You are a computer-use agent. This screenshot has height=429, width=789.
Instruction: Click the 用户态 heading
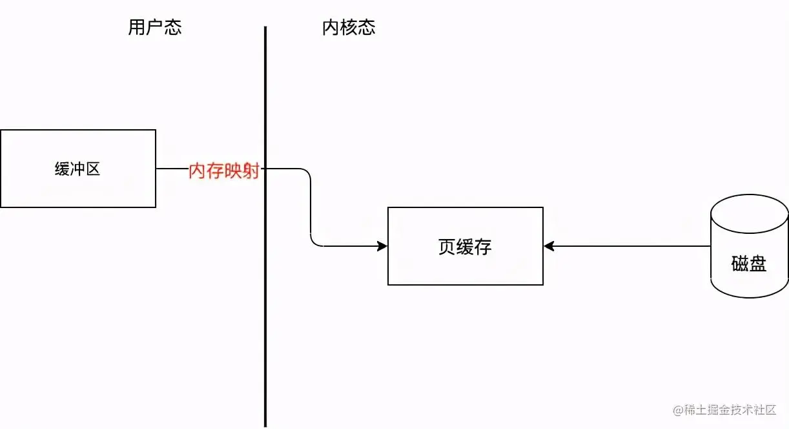coord(155,28)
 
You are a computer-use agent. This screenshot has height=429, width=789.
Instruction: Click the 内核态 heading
coord(349,28)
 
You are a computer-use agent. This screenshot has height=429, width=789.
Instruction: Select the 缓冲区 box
coord(78,169)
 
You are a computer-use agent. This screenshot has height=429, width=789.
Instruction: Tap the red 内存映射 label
coord(223,171)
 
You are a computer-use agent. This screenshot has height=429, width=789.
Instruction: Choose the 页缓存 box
coord(465,246)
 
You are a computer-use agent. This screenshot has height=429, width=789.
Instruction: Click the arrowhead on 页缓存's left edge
coord(383,246)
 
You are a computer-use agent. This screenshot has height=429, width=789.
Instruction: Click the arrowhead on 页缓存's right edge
coord(549,246)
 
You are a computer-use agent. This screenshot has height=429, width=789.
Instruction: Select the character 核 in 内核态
coord(349,28)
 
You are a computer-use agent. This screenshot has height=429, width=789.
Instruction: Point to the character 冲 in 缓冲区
coord(78,169)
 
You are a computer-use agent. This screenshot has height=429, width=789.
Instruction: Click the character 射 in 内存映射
coord(251,171)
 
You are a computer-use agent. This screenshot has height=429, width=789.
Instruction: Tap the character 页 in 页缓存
coord(447,247)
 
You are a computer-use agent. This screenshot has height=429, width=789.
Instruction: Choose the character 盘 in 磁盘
coord(758,264)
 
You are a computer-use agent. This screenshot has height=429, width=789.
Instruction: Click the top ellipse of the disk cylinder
coord(749,210)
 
